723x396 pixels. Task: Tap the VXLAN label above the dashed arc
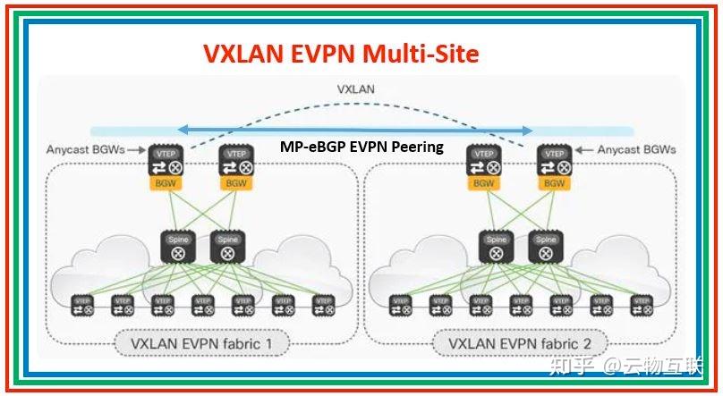[x=356, y=89]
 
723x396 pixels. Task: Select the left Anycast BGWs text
[x=85, y=149]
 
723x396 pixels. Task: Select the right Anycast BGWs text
[x=636, y=149]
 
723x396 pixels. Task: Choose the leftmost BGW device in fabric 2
[x=483, y=165]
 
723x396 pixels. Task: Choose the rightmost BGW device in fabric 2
[x=554, y=165]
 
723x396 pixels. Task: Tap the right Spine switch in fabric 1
[x=227, y=248]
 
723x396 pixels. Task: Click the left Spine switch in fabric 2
[x=496, y=248]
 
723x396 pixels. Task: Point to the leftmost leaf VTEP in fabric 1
[x=84, y=306]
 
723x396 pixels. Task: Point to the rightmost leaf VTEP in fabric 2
[x=642, y=306]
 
